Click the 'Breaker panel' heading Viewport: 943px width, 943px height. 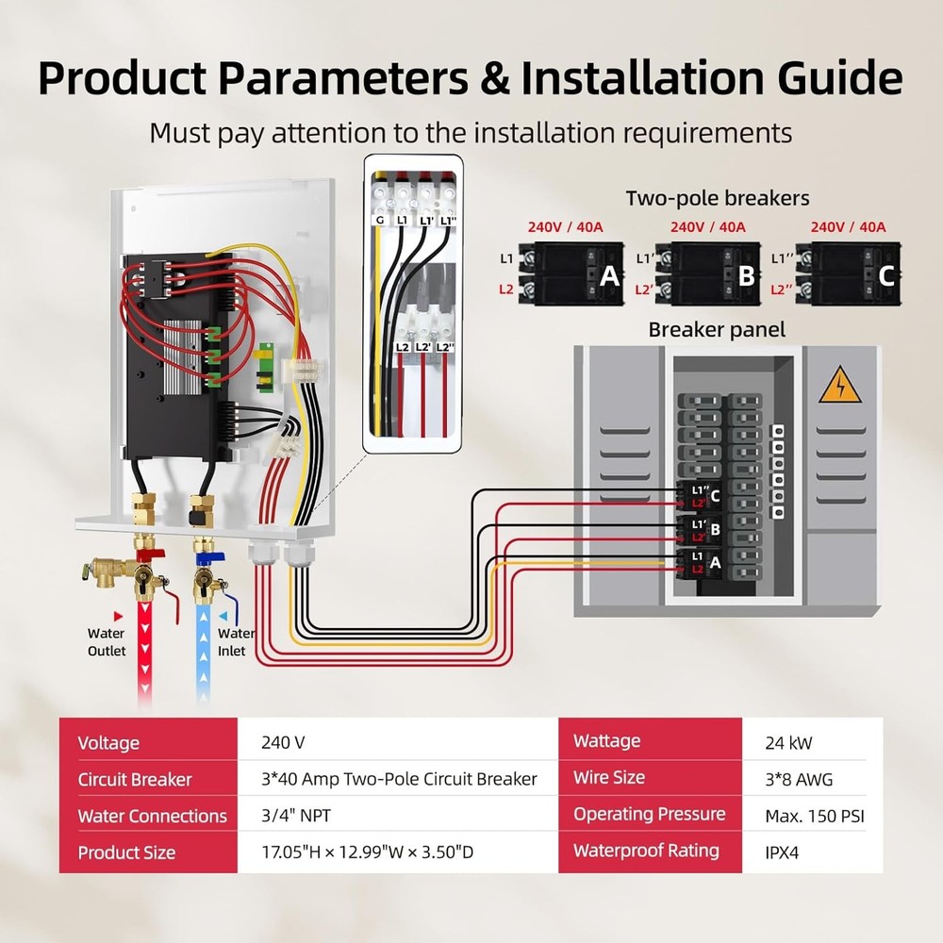tap(717, 330)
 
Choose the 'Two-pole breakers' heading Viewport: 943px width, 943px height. tap(718, 198)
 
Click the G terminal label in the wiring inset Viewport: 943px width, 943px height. tap(378, 219)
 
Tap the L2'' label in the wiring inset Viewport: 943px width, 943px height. tap(445, 347)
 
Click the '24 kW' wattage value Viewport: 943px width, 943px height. tap(789, 742)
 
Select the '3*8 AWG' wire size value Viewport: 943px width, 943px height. tap(799, 779)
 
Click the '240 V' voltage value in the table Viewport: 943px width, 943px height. tap(283, 742)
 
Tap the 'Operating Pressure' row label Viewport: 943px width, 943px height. tap(649, 815)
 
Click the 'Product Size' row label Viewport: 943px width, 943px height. tap(126, 852)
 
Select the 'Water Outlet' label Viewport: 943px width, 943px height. tap(107, 642)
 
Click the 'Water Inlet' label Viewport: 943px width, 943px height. tap(235, 642)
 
